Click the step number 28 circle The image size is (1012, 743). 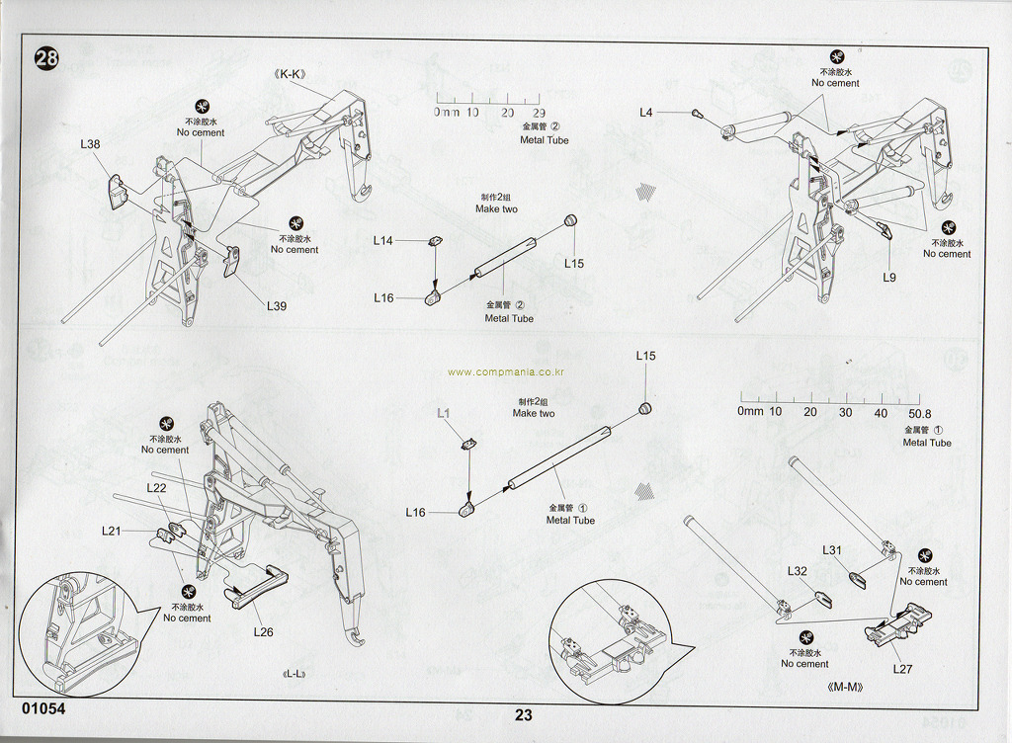tap(46, 58)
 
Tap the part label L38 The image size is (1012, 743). tap(90, 144)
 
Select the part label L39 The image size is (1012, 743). tap(277, 306)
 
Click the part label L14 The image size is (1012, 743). tap(383, 240)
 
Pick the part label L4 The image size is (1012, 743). tap(645, 113)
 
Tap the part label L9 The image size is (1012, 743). tap(889, 278)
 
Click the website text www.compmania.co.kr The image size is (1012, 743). tap(505, 372)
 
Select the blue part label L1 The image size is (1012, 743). tap(444, 412)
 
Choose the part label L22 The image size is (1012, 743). tap(156, 488)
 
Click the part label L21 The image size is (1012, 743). tap(111, 531)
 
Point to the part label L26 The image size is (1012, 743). tap(263, 632)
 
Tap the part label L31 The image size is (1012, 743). tap(832, 550)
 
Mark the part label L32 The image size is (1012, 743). tap(798, 571)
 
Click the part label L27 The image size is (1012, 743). tap(902, 669)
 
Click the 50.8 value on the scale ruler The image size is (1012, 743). tap(919, 413)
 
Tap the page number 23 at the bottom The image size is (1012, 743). tap(524, 716)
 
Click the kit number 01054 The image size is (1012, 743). tap(42, 709)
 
